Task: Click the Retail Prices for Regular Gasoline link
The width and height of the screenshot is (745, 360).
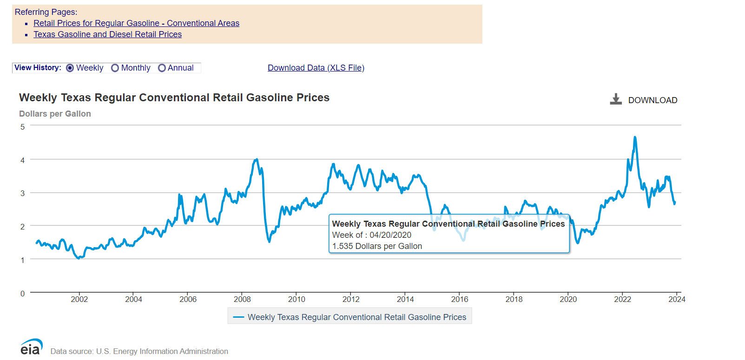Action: pyautogui.click(x=136, y=23)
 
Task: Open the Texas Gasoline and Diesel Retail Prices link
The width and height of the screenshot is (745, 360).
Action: pyautogui.click(x=107, y=34)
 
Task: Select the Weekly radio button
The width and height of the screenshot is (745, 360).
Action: pyautogui.click(x=70, y=68)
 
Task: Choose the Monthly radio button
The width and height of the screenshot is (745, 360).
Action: pyautogui.click(x=115, y=68)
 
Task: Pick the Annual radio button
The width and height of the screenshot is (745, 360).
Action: pyautogui.click(x=162, y=68)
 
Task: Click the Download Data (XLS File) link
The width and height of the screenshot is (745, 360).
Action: pyautogui.click(x=316, y=68)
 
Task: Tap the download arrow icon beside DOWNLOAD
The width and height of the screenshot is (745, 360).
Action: pyautogui.click(x=616, y=99)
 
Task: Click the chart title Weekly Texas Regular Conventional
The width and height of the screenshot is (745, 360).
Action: pyautogui.click(x=174, y=98)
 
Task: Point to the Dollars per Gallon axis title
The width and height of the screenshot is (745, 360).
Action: pyautogui.click(x=55, y=114)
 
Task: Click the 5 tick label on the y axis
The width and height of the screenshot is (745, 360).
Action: pyautogui.click(x=22, y=127)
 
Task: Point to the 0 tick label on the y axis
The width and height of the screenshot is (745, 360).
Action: pyautogui.click(x=22, y=294)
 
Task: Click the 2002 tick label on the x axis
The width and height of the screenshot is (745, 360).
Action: pyautogui.click(x=79, y=299)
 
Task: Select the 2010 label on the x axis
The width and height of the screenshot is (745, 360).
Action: pyautogui.click(x=297, y=299)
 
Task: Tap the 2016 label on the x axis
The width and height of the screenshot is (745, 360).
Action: pyautogui.click(x=459, y=299)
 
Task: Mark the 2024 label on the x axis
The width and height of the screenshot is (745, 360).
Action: pyautogui.click(x=677, y=299)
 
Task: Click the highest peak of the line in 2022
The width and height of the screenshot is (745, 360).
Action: pyautogui.click(x=635, y=137)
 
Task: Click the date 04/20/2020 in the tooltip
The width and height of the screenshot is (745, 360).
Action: pyautogui.click(x=390, y=235)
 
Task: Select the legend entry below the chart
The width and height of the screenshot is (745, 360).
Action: pyautogui.click(x=350, y=317)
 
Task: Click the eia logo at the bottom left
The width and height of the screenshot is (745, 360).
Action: pyautogui.click(x=31, y=347)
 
